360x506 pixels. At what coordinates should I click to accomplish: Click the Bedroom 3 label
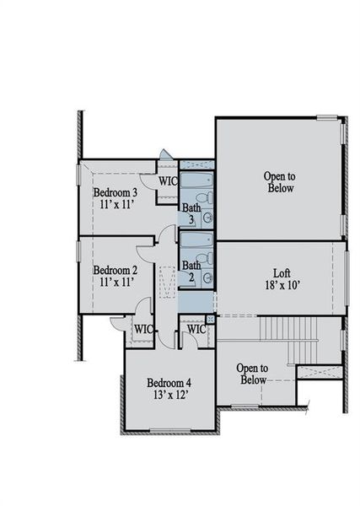click(116, 192)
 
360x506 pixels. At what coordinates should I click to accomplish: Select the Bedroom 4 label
click(169, 381)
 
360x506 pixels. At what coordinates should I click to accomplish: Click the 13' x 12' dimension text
click(169, 394)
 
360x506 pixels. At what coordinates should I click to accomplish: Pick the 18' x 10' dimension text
click(282, 285)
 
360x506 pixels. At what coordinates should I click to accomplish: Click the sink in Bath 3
click(207, 218)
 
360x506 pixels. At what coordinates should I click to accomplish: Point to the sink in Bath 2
click(207, 277)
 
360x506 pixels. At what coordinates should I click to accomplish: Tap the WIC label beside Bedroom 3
click(167, 180)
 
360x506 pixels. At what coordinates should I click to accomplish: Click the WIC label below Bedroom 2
click(143, 329)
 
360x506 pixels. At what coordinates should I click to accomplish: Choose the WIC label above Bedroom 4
click(196, 329)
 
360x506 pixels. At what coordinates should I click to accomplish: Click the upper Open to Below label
click(279, 182)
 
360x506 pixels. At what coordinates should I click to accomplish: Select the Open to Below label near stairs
click(252, 374)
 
